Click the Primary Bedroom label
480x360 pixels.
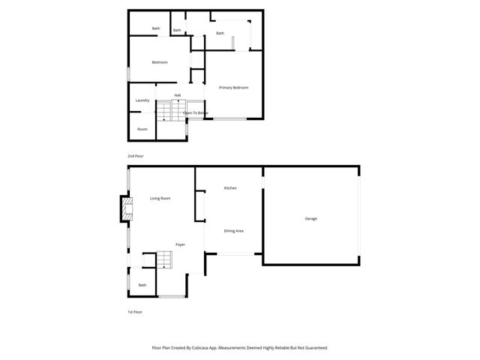(233, 88)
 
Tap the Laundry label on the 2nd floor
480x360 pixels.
(142, 100)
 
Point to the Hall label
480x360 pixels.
(178, 95)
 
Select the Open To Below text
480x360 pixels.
(195, 112)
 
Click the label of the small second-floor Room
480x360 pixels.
(142, 129)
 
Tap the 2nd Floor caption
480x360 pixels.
(135, 155)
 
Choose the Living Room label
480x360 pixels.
(160, 198)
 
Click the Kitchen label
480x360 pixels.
(230, 187)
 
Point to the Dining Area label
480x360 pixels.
(233, 230)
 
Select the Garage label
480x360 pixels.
(310, 218)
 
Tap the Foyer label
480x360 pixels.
(180, 244)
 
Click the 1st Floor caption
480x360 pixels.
(135, 311)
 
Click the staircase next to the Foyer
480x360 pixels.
(164, 260)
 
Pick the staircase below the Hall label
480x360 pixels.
(166, 112)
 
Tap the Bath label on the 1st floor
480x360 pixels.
(142, 285)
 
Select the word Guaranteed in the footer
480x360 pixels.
(313, 347)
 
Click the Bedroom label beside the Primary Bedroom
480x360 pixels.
(160, 62)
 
